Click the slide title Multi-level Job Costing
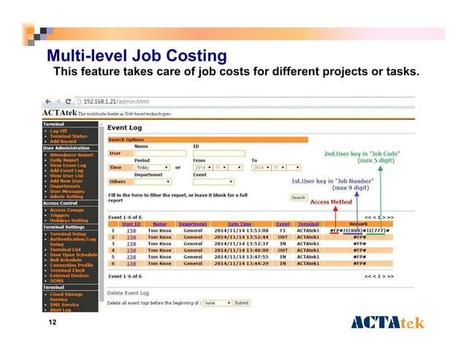point(136,55)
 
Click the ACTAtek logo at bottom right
point(387,323)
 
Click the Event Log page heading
point(125,128)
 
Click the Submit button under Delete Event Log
point(242,302)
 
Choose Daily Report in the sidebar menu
point(64,160)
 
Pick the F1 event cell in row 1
point(282,231)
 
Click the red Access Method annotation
point(331,202)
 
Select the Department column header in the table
point(193,224)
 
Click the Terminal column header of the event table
point(309,224)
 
